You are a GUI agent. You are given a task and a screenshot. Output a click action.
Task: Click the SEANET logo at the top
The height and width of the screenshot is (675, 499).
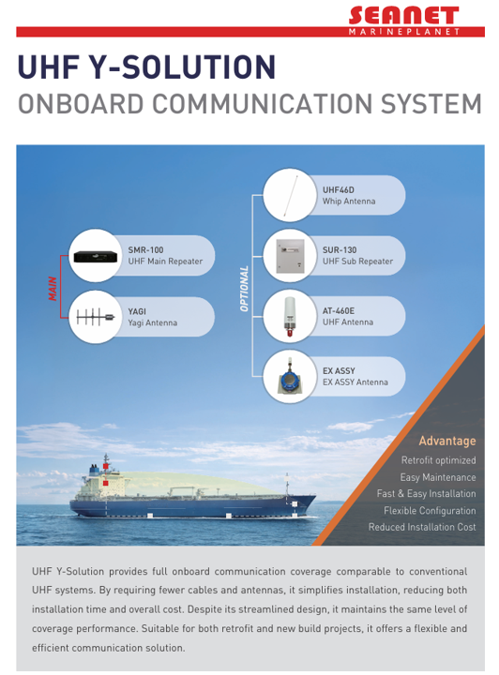pyautogui.click(x=404, y=21)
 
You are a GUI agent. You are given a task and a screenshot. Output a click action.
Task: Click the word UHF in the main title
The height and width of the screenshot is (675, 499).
pyautogui.click(x=48, y=67)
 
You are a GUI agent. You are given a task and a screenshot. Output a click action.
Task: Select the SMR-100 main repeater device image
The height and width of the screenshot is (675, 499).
pyautogui.click(x=96, y=257)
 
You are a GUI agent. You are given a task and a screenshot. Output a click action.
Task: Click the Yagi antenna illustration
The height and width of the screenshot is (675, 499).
pyautogui.click(x=96, y=317)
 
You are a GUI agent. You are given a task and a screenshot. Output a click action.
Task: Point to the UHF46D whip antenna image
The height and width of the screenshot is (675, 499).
pyautogui.click(x=290, y=195)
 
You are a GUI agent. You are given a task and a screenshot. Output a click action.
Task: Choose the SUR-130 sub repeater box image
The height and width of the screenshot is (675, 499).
pyautogui.click(x=290, y=256)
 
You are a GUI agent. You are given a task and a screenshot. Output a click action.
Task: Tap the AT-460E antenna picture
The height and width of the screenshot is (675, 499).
pyautogui.click(x=290, y=317)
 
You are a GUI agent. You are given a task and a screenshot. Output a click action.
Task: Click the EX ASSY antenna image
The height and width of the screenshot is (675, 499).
pyautogui.click(x=290, y=376)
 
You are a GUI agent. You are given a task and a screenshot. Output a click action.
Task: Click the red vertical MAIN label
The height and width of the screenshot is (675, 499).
pyautogui.click(x=53, y=289)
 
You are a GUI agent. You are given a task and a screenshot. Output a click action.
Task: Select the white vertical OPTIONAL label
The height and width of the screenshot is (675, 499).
pyautogui.click(x=244, y=289)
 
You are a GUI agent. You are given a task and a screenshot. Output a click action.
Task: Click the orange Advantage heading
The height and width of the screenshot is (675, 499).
pyautogui.click(x=447, y=441)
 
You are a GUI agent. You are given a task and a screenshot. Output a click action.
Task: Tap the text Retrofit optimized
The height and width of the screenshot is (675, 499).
pyautogui.click(x=439, y=460)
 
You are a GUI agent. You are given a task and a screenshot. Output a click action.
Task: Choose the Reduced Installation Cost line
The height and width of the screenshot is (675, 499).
pyautogui.click(x=422, y=527)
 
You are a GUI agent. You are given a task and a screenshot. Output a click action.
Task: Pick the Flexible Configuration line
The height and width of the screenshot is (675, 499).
pyautogui.click(x=430, y=511)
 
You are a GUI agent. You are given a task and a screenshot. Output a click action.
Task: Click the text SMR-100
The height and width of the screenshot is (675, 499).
pyautogui.click(x=145, y=250)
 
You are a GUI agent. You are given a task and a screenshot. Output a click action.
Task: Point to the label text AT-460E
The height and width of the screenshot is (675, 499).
pyautogui.click(x=339, y=311)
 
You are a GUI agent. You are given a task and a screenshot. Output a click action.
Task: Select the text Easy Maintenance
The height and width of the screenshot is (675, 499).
pyautogui.click(x=438, y=477)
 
